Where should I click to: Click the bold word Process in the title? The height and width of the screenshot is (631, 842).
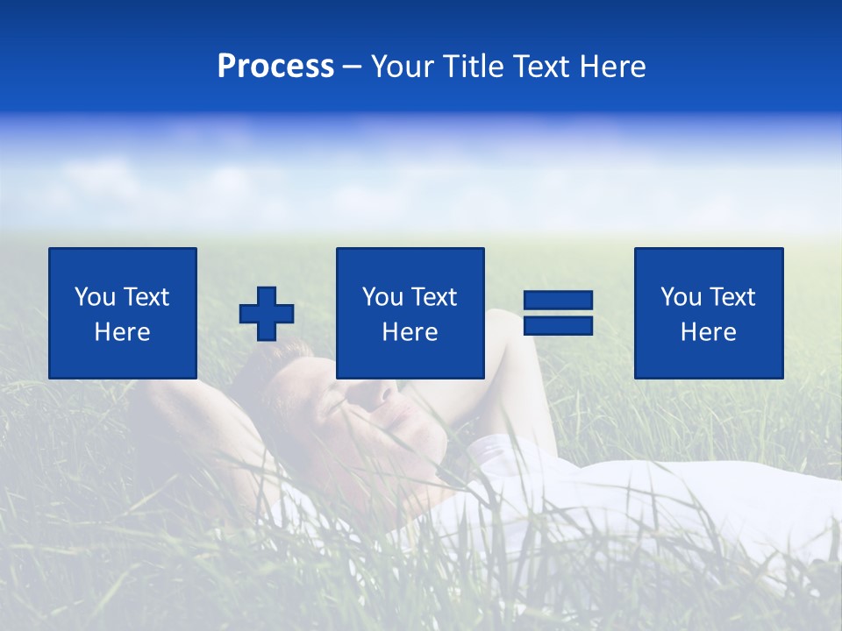[x=275, y=67]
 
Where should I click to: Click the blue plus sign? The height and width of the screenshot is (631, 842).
[x=267, y=314]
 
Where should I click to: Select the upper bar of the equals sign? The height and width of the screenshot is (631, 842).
[x=558, y=301]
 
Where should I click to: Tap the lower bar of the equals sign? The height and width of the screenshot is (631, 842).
[x=558, y=325]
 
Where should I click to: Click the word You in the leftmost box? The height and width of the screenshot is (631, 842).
[x=95, y=297]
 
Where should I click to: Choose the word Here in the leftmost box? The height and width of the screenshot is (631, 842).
[x=122, y=332]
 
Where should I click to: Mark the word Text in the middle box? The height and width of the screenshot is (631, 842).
[x=433, y=297]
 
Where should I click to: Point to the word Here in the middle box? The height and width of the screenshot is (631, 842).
[x=410, y=332]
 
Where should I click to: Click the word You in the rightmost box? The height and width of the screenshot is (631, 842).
[x=681, y=297]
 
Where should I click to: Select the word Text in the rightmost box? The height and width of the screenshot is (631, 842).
[x=731, y=297]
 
